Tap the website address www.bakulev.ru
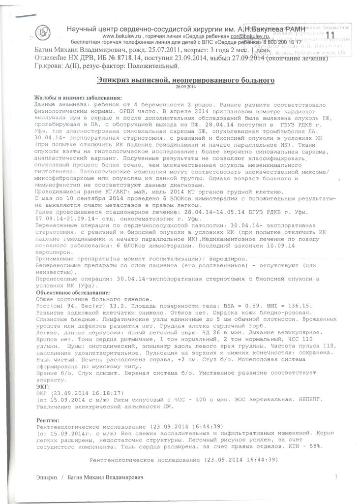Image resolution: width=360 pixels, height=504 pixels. point(121,37)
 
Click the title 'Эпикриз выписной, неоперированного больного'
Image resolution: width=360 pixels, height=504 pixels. point(185,79)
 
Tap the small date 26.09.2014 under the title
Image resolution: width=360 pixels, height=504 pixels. point(185,87)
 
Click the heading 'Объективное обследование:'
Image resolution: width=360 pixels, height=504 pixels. point(73,293)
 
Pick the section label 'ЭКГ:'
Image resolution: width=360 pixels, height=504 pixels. point(44,387)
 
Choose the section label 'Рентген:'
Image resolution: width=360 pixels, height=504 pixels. point(48,420)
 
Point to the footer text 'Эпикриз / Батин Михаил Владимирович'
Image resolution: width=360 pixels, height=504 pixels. point(91,477)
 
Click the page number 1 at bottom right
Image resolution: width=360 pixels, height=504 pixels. point(336,476)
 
